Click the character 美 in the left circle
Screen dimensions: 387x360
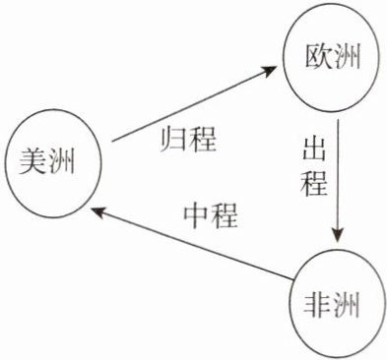[32, 160]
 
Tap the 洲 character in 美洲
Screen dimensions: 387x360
[61, 161]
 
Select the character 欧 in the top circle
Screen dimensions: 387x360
[317, 56]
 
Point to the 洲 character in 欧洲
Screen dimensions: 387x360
[347, 56]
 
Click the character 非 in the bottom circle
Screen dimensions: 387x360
[317, 305]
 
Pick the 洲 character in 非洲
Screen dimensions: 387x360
[346, 305]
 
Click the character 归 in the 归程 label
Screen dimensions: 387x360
[173, 139]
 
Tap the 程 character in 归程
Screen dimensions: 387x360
[202, 139]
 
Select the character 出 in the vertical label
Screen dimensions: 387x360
[314, 149]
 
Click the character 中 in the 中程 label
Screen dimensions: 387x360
[195, 215]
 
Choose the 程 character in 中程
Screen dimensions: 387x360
[224, 215]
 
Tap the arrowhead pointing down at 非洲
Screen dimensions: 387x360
[338, 233]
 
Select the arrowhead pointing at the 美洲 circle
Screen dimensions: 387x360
[99, 212]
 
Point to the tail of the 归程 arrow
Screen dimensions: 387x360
[112, 142]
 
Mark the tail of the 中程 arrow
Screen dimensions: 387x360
[292, 279]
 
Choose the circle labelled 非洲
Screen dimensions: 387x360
[290, 305]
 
